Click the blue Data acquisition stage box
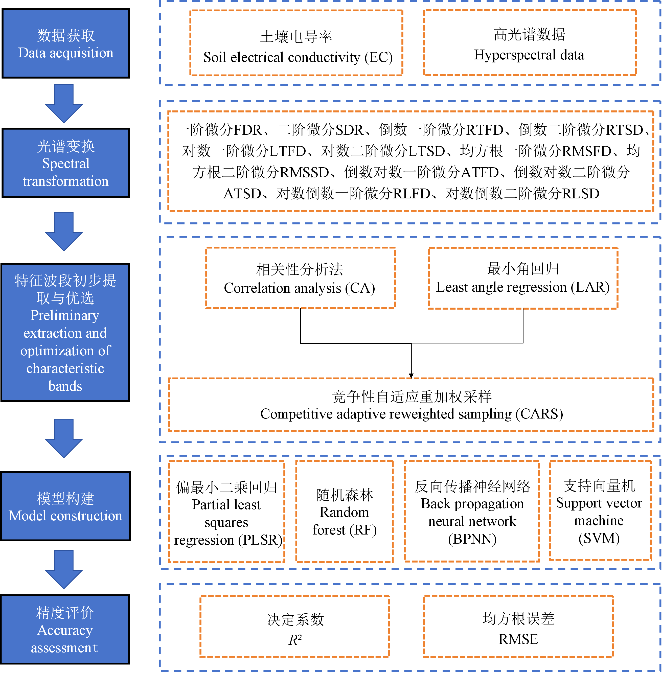(66, 43)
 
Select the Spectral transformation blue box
(66, 163)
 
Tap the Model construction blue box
(66, 506)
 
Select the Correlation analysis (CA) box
(300, 278)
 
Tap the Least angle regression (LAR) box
(523, 278)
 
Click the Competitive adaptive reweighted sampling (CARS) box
(411, 405)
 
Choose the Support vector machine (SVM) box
(600, 511)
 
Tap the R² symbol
(295, 640)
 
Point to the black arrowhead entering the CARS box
(411, 376)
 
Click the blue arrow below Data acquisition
(64, 104)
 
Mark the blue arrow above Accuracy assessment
(64, 569)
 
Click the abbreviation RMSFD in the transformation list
(587, 151)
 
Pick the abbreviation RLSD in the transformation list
(581, 194)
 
